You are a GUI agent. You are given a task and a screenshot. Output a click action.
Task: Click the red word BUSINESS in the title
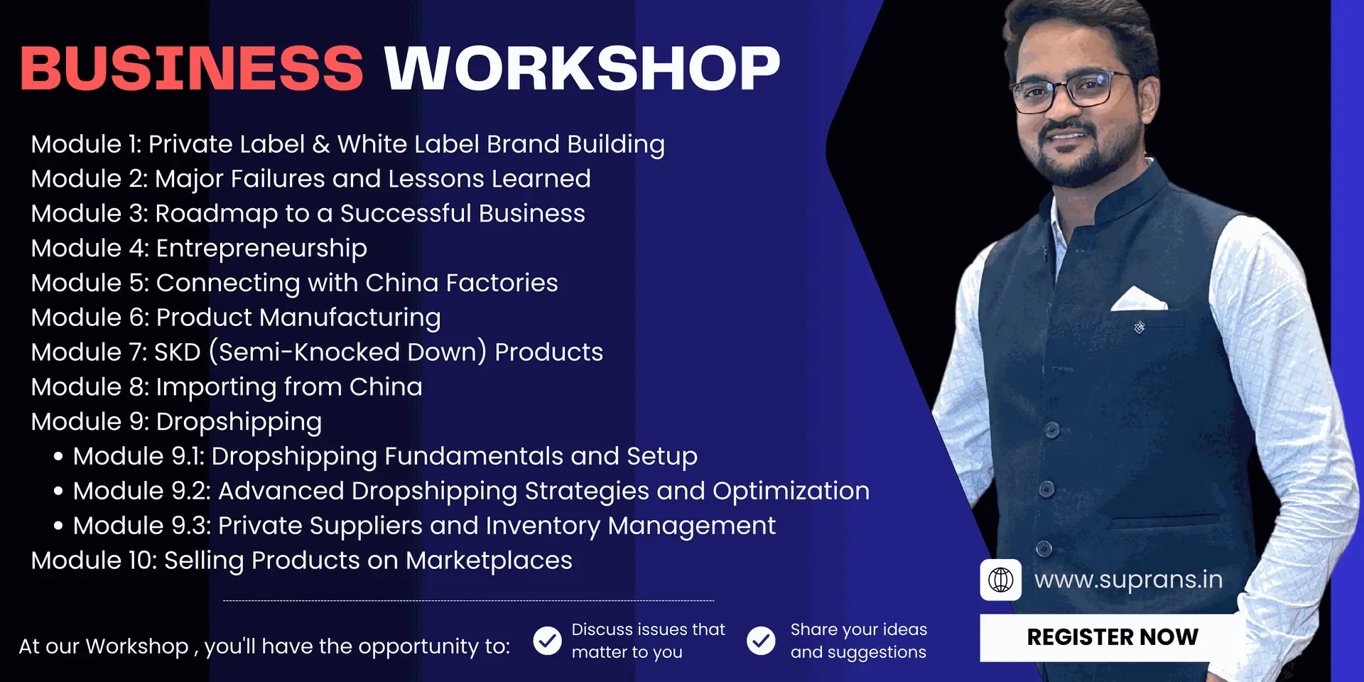point(192,68)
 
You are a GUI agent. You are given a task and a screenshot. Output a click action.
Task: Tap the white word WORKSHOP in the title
point(583,68)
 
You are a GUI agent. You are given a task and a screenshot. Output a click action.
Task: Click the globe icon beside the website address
point(1001,580)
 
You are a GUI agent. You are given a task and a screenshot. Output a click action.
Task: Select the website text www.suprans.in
point(1128,580)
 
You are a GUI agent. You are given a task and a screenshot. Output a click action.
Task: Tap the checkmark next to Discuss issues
point(547,641)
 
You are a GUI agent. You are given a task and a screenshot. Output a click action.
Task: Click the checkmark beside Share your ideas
point(761,641)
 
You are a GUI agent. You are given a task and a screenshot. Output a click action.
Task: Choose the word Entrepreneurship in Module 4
point(261,249)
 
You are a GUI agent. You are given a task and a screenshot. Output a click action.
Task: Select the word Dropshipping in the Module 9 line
point(239,423)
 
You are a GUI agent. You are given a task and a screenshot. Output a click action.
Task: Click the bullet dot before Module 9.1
point(58,457)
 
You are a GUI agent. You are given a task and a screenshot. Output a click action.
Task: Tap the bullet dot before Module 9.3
point(58,526)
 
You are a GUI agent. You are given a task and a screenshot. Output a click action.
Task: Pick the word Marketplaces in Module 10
point(489,561)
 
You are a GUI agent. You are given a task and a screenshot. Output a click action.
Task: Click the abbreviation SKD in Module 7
point(178,352)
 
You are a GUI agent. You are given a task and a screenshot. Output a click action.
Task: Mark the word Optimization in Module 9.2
point(791,492)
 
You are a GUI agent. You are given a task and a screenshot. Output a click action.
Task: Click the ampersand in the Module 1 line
point(321,144)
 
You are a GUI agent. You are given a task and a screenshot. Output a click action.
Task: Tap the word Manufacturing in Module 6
point(350,318)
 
